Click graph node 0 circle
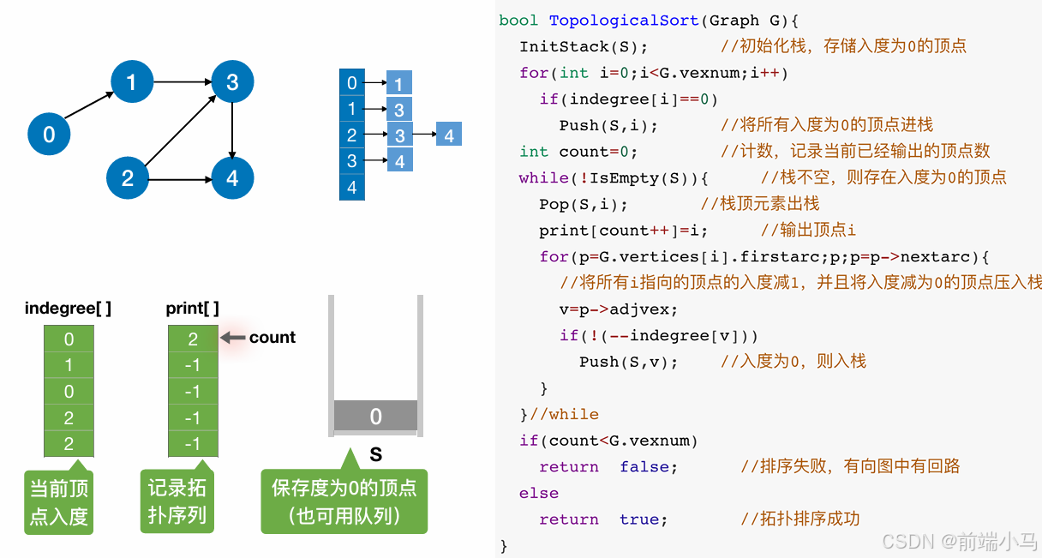[49, 135]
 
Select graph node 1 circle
[131, 82]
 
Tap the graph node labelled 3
[232, 82]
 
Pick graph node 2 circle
[128, 178]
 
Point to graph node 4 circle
[232, 178]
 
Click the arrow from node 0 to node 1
[90, 105]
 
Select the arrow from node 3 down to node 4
[232, 130]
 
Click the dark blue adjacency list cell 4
[352, 188]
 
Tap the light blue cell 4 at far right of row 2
[449, 135]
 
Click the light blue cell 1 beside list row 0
[399, 83]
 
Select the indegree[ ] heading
[69, 309]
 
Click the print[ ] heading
[192, 309]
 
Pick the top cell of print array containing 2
[193, 339]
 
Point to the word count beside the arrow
[272, 338]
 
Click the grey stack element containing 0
[375, 417]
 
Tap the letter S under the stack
[375, 455]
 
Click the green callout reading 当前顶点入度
[59, 503]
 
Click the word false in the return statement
[649, 467]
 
